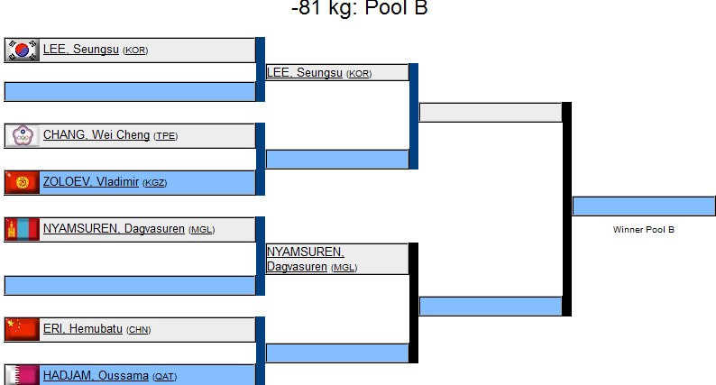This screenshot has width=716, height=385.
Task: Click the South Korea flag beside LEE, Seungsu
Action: click(x=23, y=50)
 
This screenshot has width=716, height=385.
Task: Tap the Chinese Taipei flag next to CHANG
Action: click(x=23, y=135)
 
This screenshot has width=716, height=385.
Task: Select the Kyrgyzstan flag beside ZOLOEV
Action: click(x=23, y=182)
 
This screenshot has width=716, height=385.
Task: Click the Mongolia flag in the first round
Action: click(x=23, y=229)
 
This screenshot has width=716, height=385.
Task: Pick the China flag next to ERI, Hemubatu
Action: click(x=23, y=329)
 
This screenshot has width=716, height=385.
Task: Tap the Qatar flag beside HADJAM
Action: click(x=23, y=375)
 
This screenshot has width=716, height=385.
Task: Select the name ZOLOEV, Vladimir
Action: click(x=91, y=182)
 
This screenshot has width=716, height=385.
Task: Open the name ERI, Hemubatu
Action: click(x=83, y=329)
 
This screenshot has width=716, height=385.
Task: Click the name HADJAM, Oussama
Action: click(x=96, y=376)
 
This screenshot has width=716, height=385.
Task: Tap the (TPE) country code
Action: click(x=166, y=136)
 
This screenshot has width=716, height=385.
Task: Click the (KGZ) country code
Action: click(x=155, y=183)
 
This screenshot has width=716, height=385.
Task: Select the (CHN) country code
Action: click(x=138, y=330)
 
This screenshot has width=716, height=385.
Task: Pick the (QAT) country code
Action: click(x=164, y=377)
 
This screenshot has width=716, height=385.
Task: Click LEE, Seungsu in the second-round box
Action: click(x=305, y=72)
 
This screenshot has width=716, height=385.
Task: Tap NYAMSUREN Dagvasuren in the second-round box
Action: click(x=305, y=259)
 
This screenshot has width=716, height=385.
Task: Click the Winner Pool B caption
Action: click(x=643, y=230)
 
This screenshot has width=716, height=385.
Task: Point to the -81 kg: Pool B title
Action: click(x=359, y=9)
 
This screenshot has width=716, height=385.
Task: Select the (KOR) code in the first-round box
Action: click(x=135, y=50)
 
